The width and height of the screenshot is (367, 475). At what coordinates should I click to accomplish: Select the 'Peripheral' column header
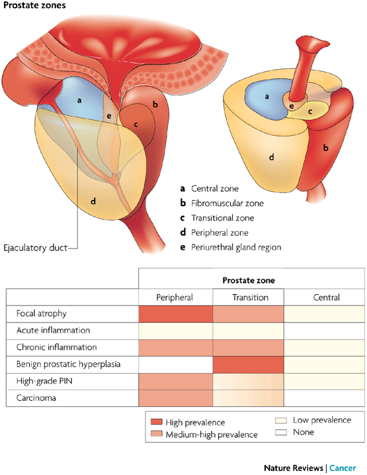[x=175, y=297]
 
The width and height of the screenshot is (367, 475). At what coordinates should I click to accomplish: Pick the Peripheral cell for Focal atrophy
[x=175, y=313]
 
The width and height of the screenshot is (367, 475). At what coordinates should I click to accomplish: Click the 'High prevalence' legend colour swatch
[x=157, y=422]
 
